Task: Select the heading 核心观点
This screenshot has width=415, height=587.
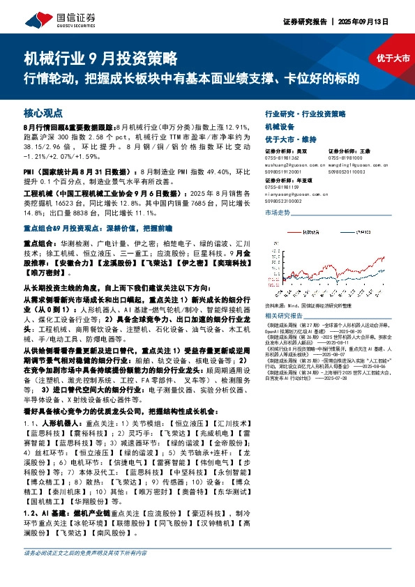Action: [43, 112]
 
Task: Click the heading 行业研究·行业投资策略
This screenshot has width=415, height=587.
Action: [305, 113]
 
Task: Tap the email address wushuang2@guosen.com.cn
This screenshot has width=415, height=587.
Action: [294, 166]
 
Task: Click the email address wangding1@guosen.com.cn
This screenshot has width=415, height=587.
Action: [356, 166]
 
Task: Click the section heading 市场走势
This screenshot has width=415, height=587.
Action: [278, 212]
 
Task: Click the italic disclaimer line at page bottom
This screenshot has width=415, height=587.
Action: [86, 572]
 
